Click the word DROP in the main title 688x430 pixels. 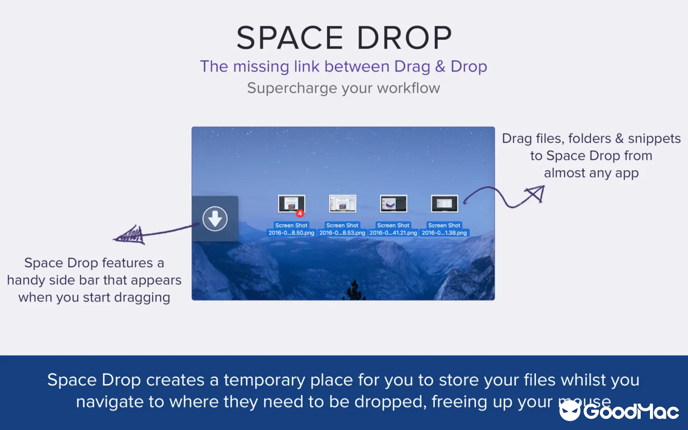coord(402,38)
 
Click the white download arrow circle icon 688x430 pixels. coord(215,219)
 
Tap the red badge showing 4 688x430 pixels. coord(300,213)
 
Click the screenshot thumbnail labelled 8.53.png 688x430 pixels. coord(342,204)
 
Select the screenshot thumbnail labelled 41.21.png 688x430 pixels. coord(393,204)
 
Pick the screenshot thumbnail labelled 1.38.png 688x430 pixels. coord(445,204)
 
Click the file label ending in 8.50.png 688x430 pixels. coord(291,233)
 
